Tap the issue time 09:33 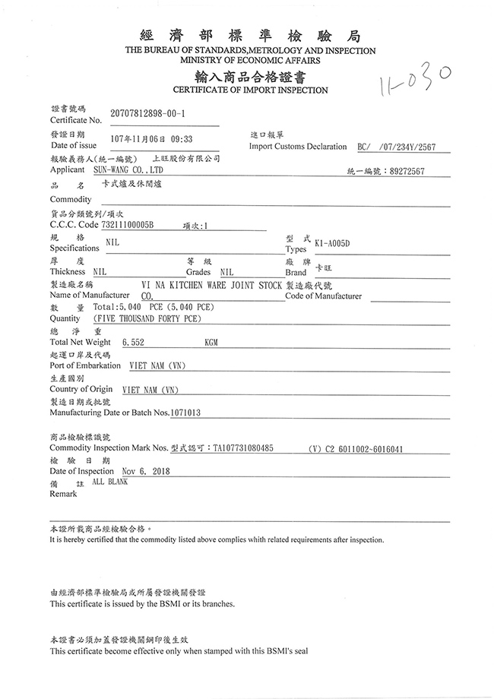coord(181,139)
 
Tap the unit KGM coord(211,343)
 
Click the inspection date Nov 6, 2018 coord(140,471)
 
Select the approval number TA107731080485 coord(243,449)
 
